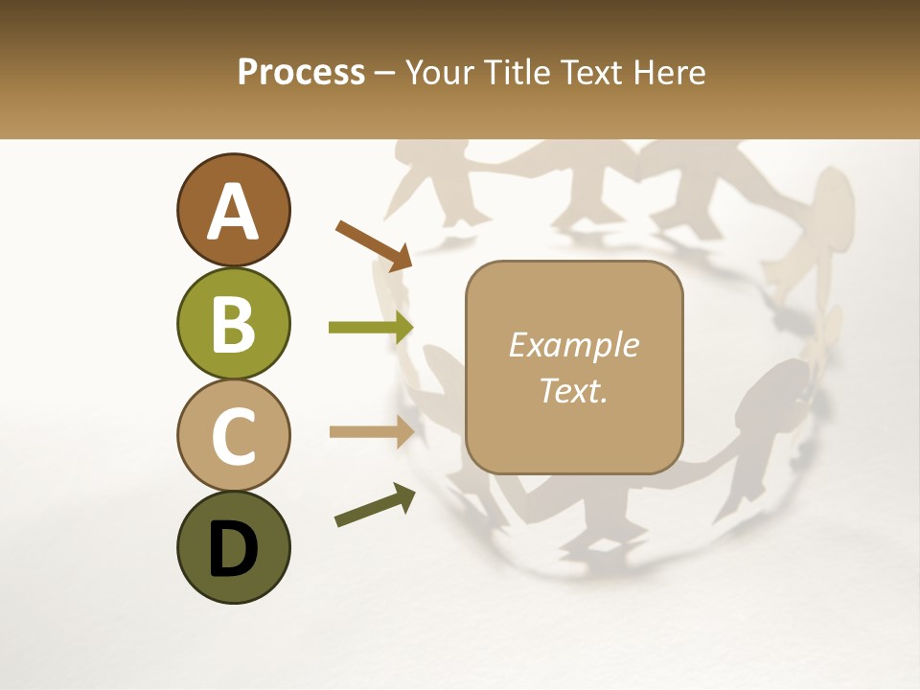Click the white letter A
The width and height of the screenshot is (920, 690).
pos(233,212)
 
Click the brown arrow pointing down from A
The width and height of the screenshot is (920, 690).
pos(374,243)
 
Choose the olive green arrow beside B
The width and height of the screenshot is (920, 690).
pos(371,328)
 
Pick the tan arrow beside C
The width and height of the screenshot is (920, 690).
pos(371,431)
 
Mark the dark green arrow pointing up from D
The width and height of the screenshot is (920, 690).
pos(375,505)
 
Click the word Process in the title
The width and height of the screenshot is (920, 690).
pos(301,73)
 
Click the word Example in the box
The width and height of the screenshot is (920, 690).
pos(573,345)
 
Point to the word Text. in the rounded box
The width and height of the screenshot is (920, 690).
pos(573,390)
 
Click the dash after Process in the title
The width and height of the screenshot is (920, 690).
pos(385,74)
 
